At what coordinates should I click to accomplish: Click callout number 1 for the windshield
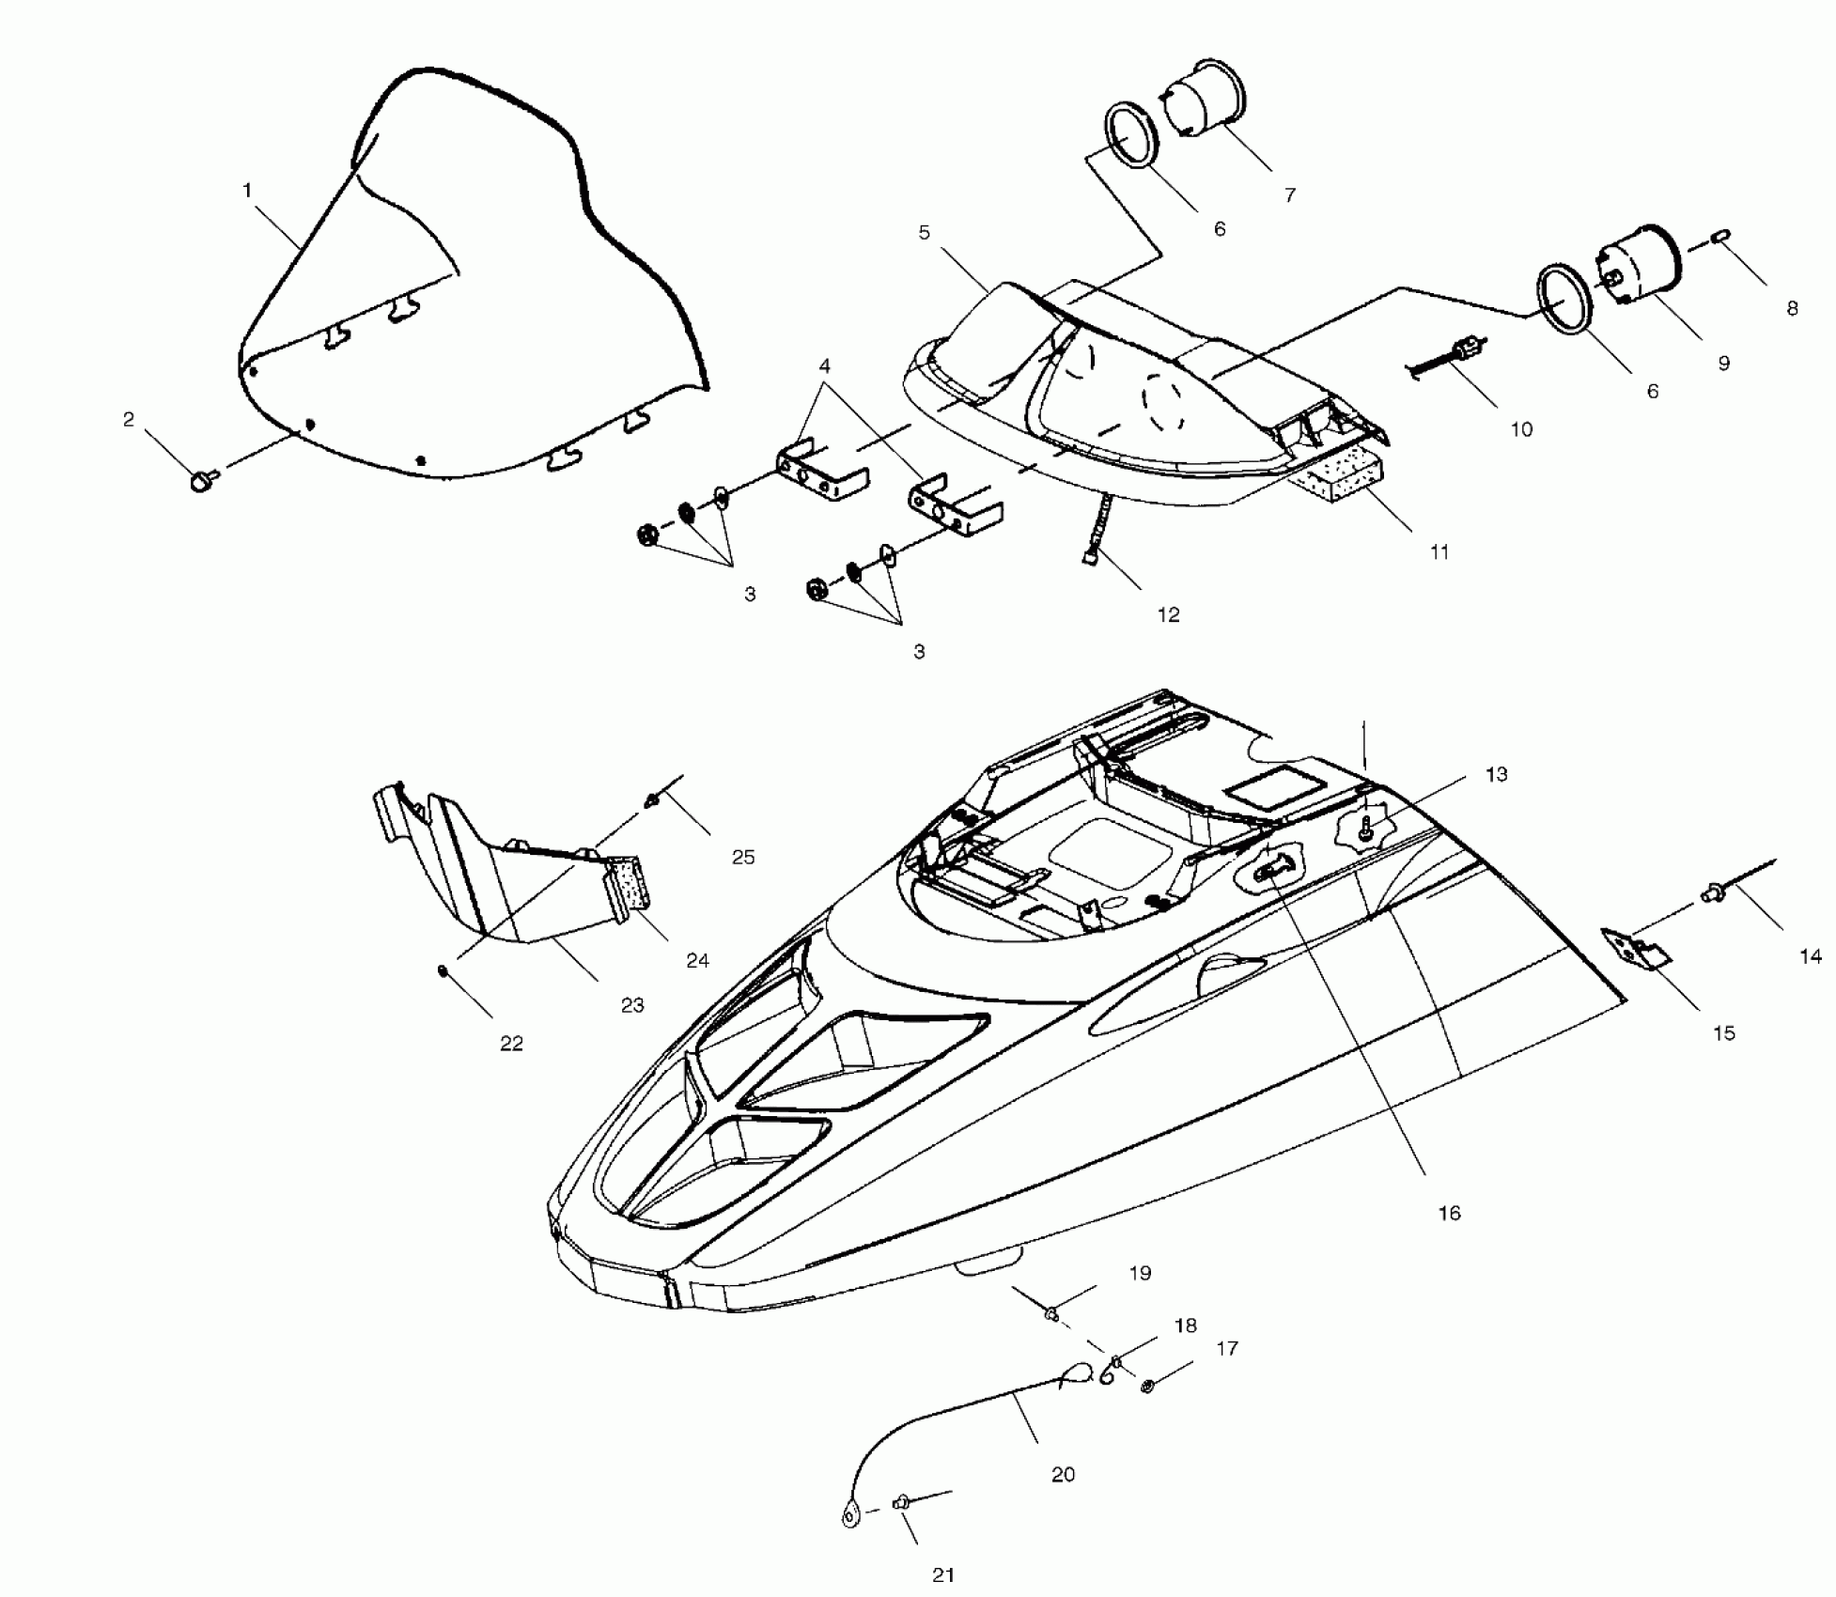247,191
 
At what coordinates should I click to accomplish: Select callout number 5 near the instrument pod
924,232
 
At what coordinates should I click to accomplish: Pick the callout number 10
1521,429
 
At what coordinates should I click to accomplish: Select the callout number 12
1168,614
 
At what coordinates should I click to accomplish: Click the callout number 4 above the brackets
824,364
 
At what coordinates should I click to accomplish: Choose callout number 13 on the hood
1496,774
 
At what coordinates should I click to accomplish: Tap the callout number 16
1449,1213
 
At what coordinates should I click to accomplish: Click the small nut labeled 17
1147,1386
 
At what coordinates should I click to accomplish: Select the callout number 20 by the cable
1063,1474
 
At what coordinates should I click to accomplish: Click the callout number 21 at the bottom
943,1575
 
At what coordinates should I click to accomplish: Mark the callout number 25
743,857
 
